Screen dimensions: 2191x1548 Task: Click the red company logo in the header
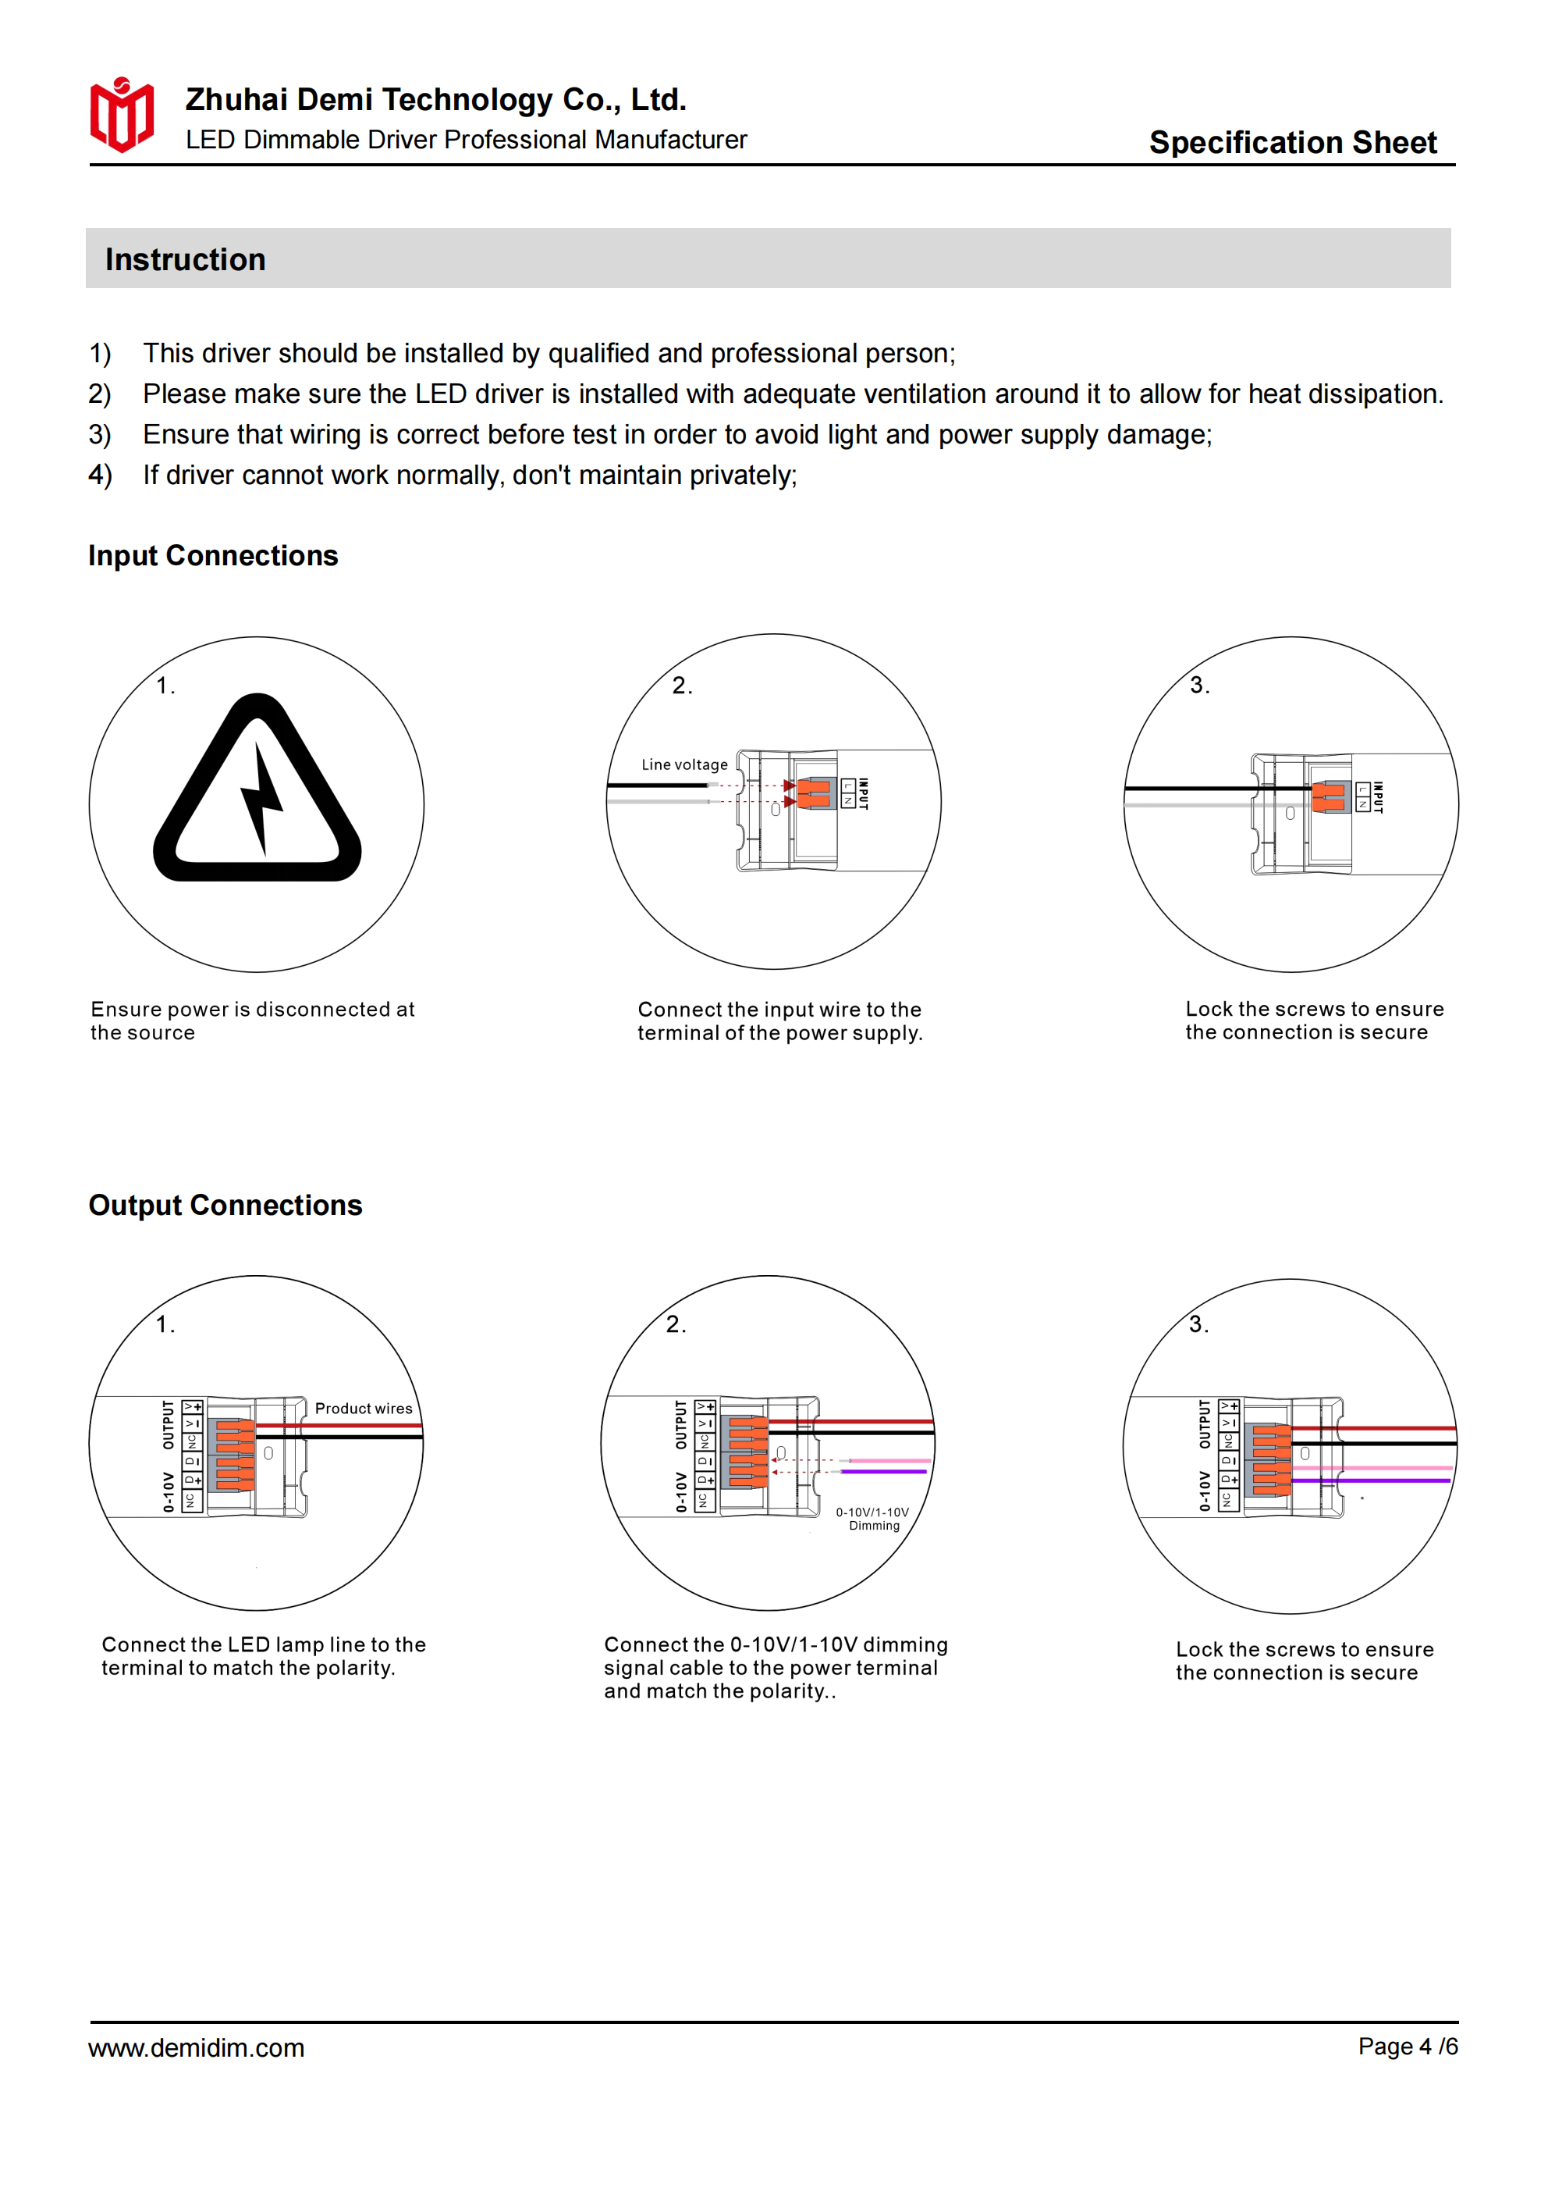[x=121, y=116]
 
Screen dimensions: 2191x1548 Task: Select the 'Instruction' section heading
[x=185, y=259]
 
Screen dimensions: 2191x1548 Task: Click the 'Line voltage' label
[x=683, y=764]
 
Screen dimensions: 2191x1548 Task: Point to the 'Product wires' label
[x=364, y=1409]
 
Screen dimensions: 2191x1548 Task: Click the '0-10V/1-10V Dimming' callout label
[x=873, y=1518]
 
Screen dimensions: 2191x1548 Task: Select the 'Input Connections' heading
[x=213, y=555]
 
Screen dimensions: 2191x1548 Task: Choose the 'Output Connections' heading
[x=225, y=1206]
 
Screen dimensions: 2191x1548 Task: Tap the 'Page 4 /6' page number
[x=1408, y=2046]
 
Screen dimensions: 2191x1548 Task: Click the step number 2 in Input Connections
[x=681, y=685]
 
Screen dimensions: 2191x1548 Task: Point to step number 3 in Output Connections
[x=1198, y=1324]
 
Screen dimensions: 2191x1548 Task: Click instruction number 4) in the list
[x=100, y=476]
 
